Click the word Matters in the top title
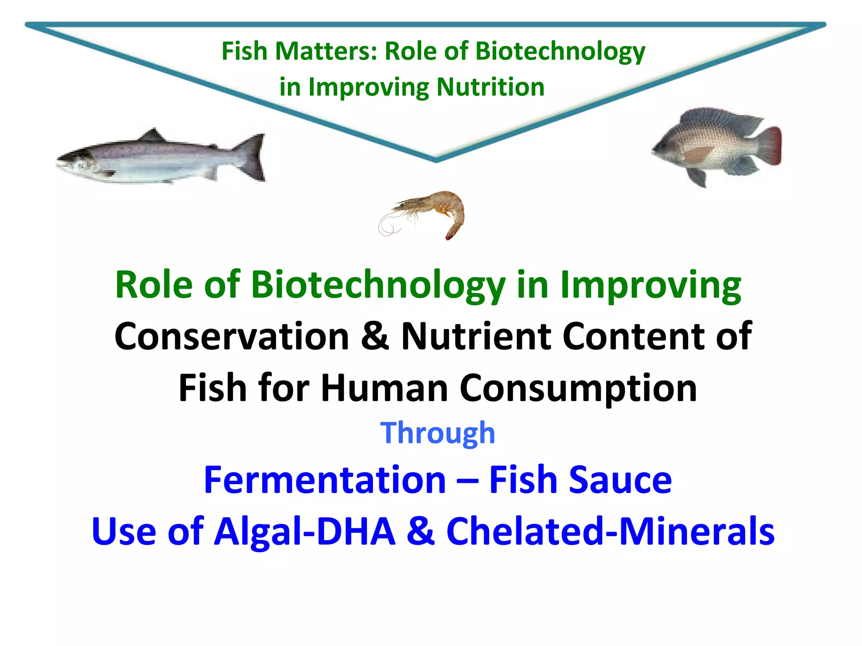click(326, 51)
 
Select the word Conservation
click(232, 336)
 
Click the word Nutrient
click(476, 336)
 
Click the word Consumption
click(578, 389)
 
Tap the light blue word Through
click(437, 433)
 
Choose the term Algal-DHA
click(305, 532)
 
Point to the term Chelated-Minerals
click(610, 532)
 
